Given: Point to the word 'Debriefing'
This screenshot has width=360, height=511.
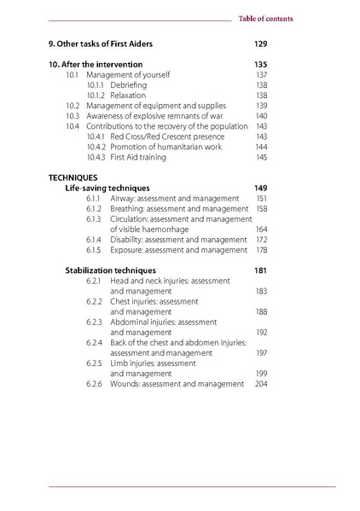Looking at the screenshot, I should (x=128, y=85).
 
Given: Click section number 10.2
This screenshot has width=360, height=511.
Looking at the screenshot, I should (x=73, y=106).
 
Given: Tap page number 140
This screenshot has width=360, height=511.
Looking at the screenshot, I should (x=261, y=116).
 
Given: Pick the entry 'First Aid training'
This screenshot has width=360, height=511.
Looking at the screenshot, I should (x=142, y=157).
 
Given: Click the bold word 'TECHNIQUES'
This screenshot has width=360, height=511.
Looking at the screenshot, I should (x=73, y=177).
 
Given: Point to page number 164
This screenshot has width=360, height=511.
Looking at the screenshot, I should (x=261, y=229).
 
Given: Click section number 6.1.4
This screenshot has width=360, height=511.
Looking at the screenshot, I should (x=95, y=240).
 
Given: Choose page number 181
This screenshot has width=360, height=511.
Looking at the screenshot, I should (x=261, y=270).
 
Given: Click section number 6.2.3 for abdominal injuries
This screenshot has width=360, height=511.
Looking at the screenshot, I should (x=95, y=322).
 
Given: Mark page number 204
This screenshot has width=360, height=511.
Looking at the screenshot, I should (x=261, y=384).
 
